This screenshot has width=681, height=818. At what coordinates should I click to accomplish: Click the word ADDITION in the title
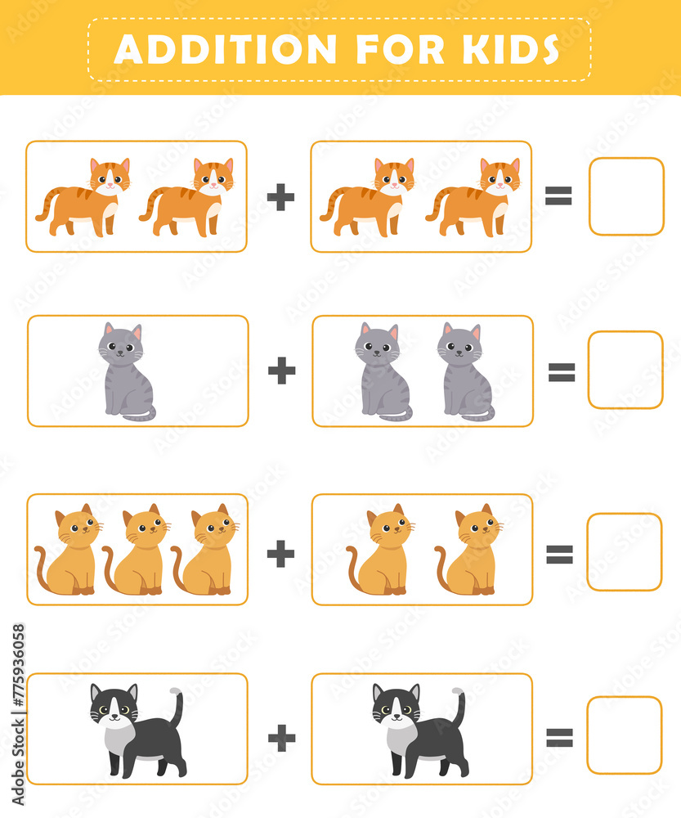click(225, 49)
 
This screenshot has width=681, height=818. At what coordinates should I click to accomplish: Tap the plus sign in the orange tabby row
click(280, 197)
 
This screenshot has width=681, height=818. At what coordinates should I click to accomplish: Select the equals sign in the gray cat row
click(561, 372)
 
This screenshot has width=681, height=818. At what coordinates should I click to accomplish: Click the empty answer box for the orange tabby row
click(626, 196)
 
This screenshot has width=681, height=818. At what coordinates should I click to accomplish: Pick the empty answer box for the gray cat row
click(625, 370)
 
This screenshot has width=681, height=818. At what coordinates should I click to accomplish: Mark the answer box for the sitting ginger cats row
click(625, 552)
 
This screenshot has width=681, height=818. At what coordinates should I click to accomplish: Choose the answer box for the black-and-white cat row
click(625, 735)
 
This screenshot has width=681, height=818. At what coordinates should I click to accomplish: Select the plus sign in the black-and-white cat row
click(281, 738)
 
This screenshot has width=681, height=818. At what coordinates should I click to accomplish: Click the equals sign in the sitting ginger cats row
click(559, 555)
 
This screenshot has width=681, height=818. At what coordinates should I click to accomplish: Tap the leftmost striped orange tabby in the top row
click(83, 198)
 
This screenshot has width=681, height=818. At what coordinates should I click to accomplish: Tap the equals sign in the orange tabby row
click(558, 196)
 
